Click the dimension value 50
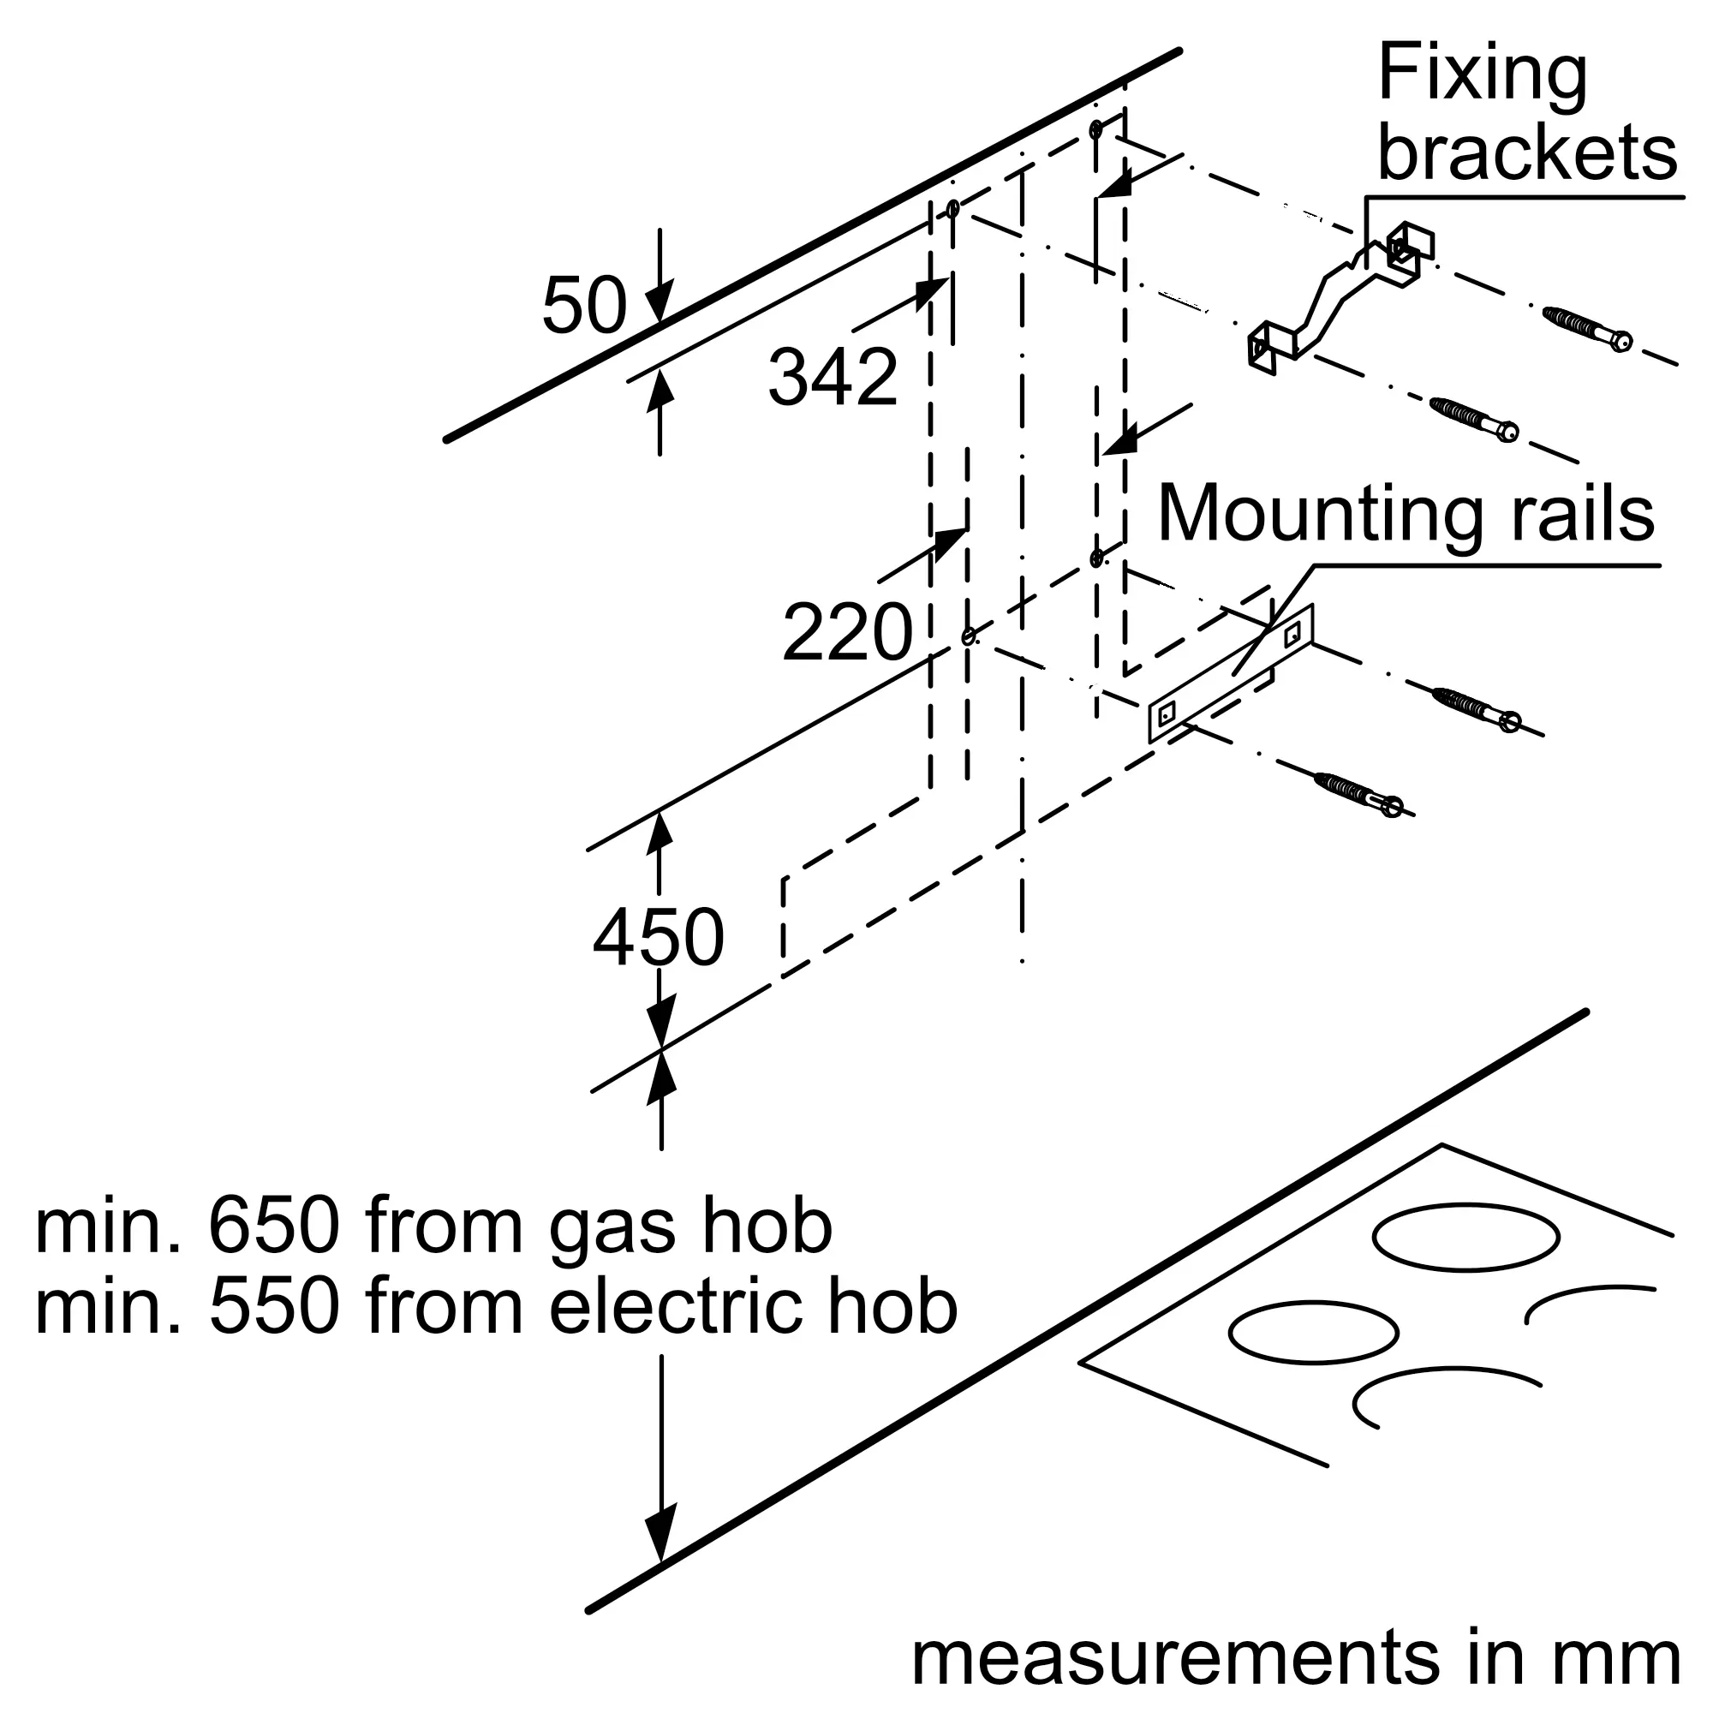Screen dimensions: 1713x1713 [583, 306]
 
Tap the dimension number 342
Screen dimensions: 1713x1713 [833, 378]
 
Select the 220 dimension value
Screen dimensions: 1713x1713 [847, 632]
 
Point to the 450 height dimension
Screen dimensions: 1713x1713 [658, 938]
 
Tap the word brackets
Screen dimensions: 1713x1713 [1527, 153]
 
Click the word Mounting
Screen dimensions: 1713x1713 [1319, 514]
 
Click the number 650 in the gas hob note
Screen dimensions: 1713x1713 [273, 1228]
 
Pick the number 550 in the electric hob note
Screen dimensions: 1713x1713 [273, 1308]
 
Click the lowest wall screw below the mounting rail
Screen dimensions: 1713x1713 [1357, 795]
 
